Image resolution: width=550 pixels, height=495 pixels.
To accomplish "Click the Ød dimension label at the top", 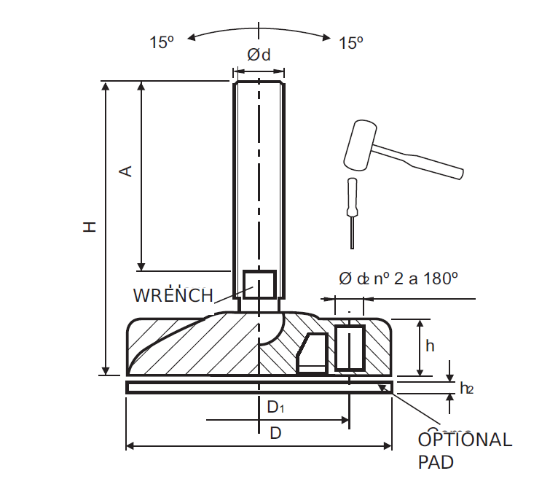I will point(259,55).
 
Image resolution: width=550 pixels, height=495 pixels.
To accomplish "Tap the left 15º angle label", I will point(162,43).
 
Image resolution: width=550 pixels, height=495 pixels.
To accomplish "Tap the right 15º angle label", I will point(351,43).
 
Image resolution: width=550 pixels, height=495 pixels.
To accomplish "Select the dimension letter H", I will point(89,227).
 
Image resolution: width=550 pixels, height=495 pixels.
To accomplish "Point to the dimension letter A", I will point(125,171).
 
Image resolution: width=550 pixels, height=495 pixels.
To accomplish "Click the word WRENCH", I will point(173,295).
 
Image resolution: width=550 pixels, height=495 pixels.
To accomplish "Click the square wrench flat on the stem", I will point(259,284).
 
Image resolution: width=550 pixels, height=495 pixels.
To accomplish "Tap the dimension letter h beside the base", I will point(430,346).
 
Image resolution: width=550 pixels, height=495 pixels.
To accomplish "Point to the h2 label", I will point(466,388).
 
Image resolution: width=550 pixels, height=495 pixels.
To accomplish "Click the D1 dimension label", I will point(274,407).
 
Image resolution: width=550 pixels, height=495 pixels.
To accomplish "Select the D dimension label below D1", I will point(275,433).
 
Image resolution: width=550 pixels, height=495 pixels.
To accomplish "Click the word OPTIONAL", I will point(465,440).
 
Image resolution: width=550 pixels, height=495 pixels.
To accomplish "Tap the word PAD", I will point(436,462).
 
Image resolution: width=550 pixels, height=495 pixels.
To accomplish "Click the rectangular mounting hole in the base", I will point(349,347).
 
